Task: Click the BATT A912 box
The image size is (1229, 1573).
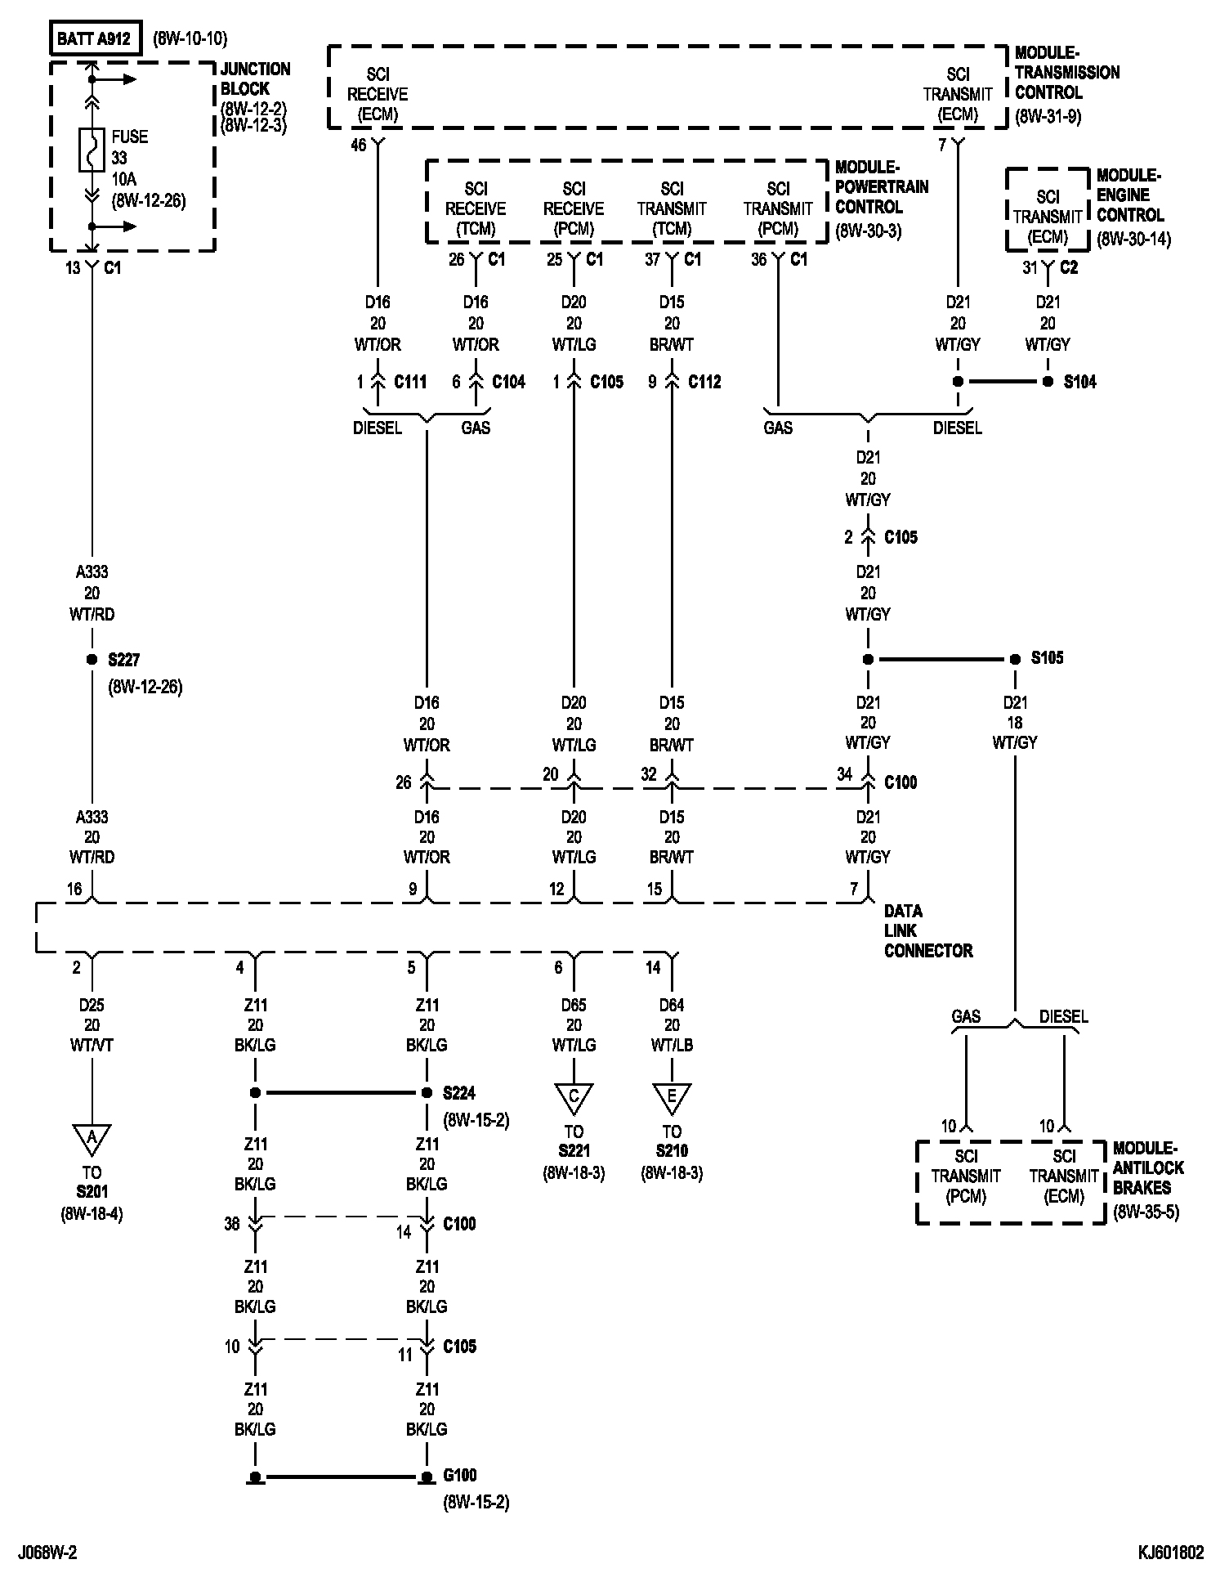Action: click(95, 38)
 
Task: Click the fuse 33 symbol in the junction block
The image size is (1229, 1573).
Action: click(92, 150)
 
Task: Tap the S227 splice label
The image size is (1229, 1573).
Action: click(125, 660)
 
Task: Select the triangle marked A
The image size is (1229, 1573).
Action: click(92, 1138)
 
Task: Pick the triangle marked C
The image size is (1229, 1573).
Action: click(574, 1097)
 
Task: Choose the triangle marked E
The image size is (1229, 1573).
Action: click(672, 1097)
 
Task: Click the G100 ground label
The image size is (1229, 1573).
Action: click(460, 1476)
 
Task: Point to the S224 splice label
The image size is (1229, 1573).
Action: click(459, 1093)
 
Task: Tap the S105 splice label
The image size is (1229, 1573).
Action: click(1048, 658)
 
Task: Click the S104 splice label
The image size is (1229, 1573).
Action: click(1080, 382)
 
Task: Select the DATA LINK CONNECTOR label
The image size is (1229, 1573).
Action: click(928, 930)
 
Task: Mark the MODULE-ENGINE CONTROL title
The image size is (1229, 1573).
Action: click(1129, 195)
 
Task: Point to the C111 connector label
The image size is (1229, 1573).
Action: click(410, 382)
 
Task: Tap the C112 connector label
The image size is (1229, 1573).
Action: click(704, 382)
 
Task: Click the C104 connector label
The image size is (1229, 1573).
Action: click(508, 382)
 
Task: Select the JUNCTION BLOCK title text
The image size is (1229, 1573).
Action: click(255, 78)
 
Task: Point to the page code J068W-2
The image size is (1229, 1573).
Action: click(51, 1552)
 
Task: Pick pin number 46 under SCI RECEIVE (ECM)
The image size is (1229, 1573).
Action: click(359, 146)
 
